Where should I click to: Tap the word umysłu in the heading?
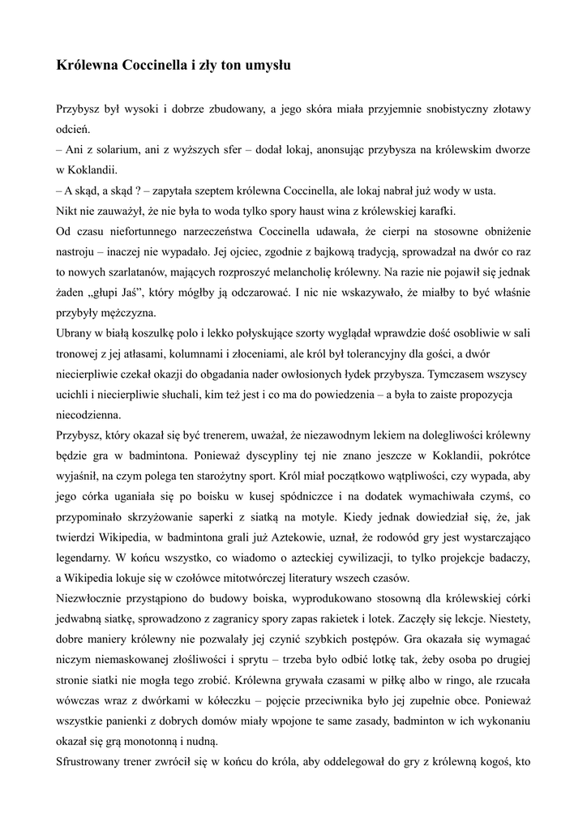click(264, 66)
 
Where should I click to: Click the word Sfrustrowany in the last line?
click(95, 762)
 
